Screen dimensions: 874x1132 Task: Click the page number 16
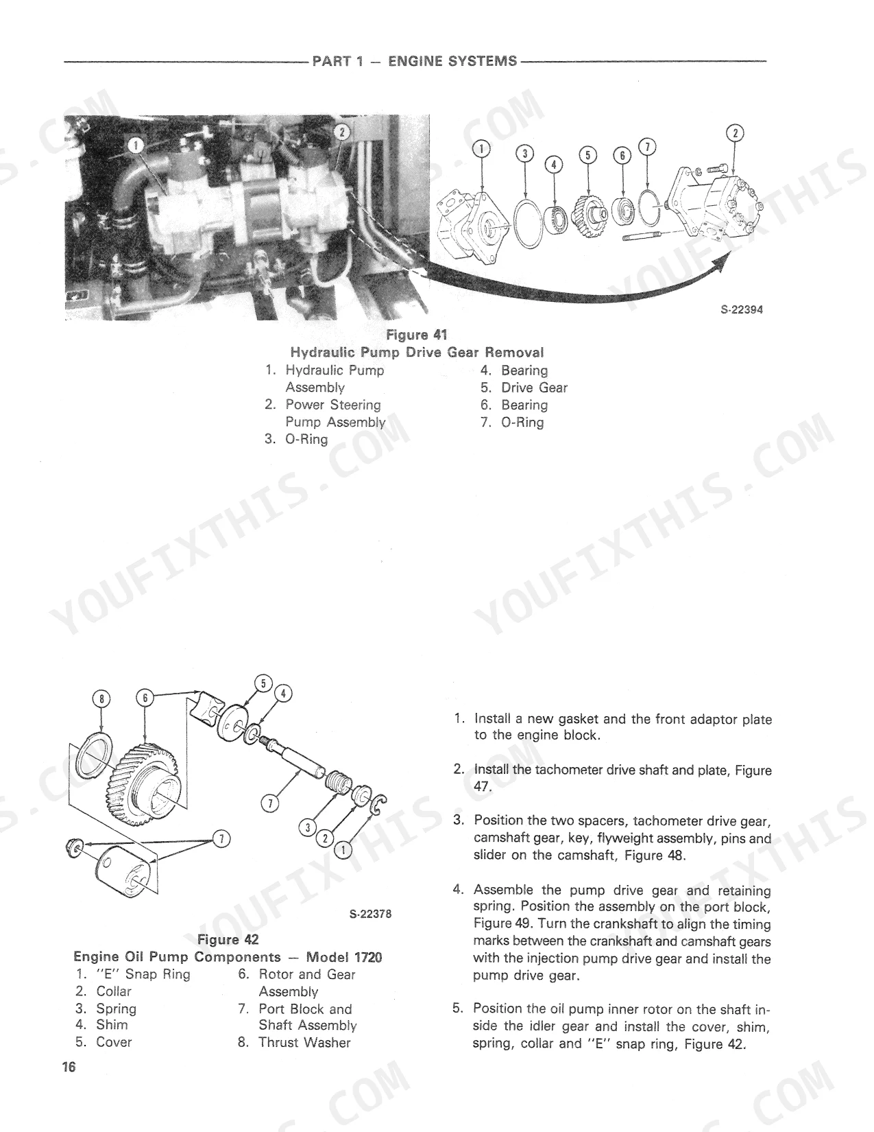pyautogui.click(x=69, y=1068)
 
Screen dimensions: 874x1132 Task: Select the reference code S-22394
pyautogui.click(x=742, y=309)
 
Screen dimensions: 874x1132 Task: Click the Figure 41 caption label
pyautogui.click(x=417, y=335)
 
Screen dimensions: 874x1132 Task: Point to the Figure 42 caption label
pyautogui.click(x=228, y=940)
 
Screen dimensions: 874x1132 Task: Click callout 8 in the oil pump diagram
pyautogui.click(x=101, y=698)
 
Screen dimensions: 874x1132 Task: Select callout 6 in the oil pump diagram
pyautogui.click(x=145, y=698)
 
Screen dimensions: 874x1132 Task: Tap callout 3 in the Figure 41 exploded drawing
pyautogui.click(x=524, y=154)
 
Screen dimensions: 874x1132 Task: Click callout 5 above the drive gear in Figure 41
pyautogui.click(x=587, y=155)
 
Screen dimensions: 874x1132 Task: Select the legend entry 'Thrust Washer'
pyautogui.click(x=304, y=1042)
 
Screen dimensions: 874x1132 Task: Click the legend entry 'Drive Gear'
pyautogui.click(x=534, y=388)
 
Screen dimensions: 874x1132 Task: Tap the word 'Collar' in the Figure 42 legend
pyautogui.click(x=114, y=991)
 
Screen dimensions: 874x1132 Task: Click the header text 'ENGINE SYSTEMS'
pyautogui.click(x=453, y=62)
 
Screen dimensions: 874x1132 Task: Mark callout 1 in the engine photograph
pyautogui.click(x=135, y=146)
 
